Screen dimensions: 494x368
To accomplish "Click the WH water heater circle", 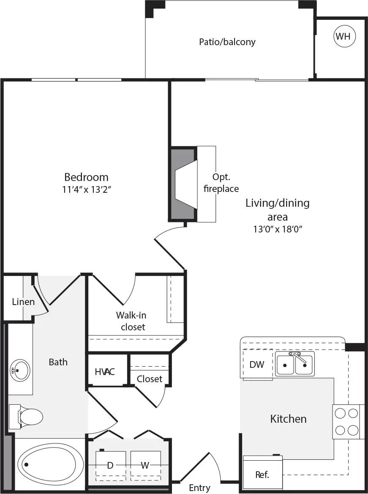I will [344, 36].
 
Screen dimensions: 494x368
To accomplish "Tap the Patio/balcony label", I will [227, 42].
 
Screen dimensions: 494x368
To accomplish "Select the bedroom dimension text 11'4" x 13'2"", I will [86, 189].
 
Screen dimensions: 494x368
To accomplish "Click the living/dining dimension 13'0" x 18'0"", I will [278, 229].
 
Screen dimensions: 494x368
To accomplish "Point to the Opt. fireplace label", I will [221, 183].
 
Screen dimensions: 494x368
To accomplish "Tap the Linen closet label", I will [23, 302].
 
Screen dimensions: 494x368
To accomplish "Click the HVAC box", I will [105, 372].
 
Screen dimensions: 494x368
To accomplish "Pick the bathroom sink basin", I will [19, 370].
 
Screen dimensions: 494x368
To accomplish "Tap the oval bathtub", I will [45, 464].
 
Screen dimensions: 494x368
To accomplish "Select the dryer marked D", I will [110, 465].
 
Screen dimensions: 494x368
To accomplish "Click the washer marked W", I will [145, 465].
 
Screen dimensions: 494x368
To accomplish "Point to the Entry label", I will [199, 488].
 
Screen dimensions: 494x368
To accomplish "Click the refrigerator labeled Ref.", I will [262, 474].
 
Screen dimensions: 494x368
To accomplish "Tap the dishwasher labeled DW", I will [256, 364].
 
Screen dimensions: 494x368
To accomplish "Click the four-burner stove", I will [348, 421].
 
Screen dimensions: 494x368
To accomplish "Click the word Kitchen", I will [289, 419].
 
